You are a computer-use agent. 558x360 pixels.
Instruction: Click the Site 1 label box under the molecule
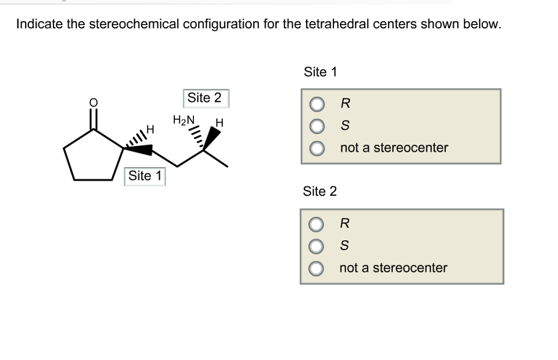pos(144,176)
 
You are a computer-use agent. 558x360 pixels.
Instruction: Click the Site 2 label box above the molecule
pos(204,98)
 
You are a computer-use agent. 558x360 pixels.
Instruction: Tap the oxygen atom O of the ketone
pos(93,102)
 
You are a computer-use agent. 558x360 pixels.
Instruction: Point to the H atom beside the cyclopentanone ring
pos(151,130)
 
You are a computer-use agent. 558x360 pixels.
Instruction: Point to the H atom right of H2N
pos(220,123)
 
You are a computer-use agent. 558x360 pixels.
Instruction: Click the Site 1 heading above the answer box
pos(320,72)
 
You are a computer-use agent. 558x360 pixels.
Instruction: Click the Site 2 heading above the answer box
pos(320,191)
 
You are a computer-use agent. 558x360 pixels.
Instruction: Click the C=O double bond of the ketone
pos(94,119)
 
